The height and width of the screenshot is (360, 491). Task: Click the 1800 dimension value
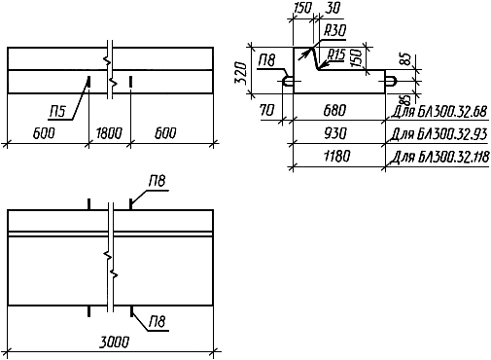point(109,133)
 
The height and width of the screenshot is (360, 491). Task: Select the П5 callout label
point(57,112)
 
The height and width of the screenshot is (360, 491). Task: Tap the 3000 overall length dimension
point(115,342)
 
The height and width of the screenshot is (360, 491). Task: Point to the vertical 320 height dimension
point(242,72)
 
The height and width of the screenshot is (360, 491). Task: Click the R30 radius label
point(334,30)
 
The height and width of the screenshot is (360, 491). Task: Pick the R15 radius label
point(336,54)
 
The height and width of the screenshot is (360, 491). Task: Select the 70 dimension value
point(267,111)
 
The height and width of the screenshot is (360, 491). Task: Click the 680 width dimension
point(334,111)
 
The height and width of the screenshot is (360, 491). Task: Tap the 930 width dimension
point(335,133)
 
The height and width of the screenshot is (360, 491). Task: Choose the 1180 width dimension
point(337,157)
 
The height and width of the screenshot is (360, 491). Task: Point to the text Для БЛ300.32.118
point(440,158)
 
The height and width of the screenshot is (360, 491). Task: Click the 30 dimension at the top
point(332,8)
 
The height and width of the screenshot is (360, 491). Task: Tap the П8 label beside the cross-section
point(266,61)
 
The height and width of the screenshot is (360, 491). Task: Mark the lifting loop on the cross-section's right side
point(391,82)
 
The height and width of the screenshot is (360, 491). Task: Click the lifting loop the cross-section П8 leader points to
point(288,82)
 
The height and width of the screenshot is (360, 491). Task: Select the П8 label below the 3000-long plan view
point(158,322)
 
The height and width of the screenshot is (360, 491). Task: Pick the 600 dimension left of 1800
point(44,133)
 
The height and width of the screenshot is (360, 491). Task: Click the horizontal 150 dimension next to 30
point(302,8)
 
